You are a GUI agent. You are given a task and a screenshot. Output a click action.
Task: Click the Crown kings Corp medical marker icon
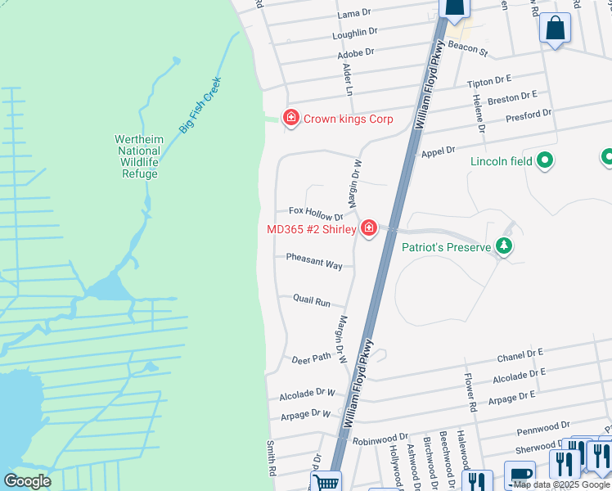[290, 119]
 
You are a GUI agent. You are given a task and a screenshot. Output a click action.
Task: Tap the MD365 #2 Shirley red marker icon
[368, 228]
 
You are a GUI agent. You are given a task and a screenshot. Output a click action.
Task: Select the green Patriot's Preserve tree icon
[505, 246]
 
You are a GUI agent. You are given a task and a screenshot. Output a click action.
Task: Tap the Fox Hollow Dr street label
[316, 213]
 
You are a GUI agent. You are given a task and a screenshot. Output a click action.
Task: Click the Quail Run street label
[312, 301]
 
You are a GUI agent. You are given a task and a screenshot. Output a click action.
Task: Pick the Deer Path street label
[312, 358]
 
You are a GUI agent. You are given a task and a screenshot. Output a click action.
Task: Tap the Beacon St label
[468, 49]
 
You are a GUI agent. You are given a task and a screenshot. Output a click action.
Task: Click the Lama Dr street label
[354, 15]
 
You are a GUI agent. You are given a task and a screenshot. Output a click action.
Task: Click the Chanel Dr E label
[520, 356]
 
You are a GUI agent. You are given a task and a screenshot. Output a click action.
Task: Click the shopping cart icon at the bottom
[326, 482]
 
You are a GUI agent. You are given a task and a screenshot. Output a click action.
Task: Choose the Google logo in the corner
[28, 481]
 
